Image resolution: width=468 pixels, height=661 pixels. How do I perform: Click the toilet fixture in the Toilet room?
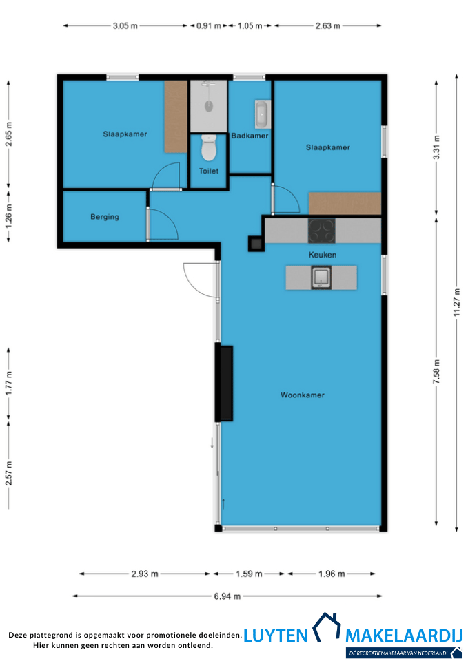coord(208,147)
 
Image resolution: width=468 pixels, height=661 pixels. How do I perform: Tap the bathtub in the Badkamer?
coord(262,114)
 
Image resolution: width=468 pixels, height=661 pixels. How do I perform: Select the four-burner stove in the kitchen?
coord(322,231)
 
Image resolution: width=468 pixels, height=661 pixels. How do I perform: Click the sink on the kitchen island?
coord(321,277)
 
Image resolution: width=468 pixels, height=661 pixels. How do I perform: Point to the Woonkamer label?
coord(303,395)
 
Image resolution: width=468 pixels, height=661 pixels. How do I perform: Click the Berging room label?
coord(105,217)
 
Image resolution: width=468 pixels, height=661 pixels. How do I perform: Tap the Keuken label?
coord(323,255)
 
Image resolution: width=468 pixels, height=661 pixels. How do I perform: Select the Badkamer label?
coord(250,136)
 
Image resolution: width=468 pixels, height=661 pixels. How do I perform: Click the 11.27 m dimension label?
coord(456,302)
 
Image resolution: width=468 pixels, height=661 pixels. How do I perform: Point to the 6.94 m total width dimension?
coord(227,596)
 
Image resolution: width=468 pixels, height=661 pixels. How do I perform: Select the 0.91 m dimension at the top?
coord(209,25)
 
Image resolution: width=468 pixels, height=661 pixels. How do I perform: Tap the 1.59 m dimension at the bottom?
coord(249,574)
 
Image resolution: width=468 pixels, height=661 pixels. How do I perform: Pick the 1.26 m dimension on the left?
coord(9,216)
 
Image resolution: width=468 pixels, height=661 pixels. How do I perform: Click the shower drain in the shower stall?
coord(208,106)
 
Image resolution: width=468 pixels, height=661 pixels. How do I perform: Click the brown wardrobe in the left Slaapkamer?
coord(176,116)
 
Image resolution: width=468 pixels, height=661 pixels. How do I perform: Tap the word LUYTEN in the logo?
coord(276,636)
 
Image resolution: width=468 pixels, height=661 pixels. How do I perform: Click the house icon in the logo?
coord(326,627)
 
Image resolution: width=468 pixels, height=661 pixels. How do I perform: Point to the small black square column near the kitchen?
coord(256,243)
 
